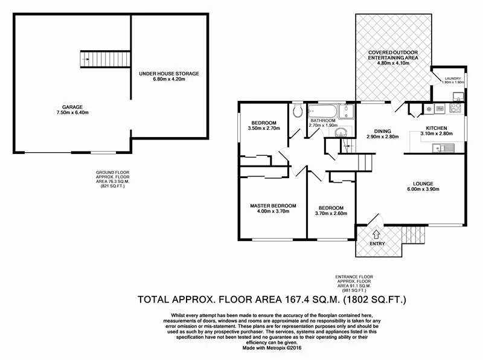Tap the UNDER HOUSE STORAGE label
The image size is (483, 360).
pos(168,74)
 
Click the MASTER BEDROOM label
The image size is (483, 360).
pos(273,205)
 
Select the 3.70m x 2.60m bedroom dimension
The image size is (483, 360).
pos(331,213)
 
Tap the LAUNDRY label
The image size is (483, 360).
pos(452,78)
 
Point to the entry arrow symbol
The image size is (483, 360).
pos(377,234)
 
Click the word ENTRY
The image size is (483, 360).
pos(377,243)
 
